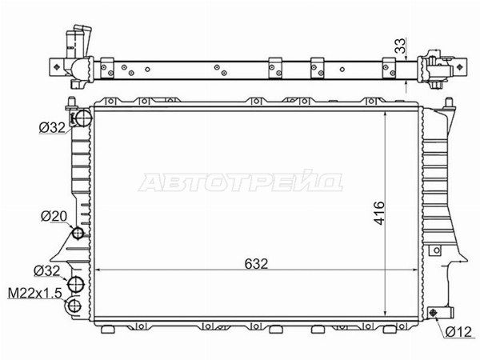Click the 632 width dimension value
point(256,263)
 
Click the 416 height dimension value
point(379,213)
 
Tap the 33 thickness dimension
point(400,46)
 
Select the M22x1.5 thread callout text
point(34,294)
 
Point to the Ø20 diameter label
point(54,217)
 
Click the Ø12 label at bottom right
point(458,332)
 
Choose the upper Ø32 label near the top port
point(52,128)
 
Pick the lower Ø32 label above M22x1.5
point(47,271)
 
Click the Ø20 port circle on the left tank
point(78,234)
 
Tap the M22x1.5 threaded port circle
point(74,306)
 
